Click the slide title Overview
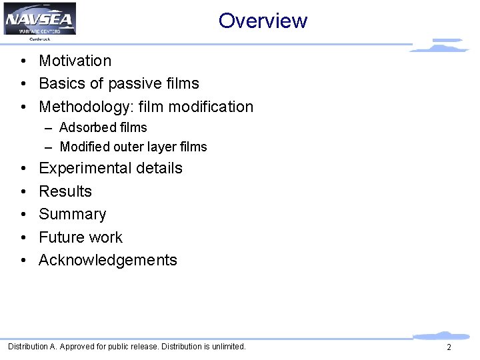263,21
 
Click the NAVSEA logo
40,19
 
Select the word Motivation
75,61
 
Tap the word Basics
61,83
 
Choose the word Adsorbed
87,127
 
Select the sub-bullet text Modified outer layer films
133,147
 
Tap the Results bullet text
65,191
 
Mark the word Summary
73,215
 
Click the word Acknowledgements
108,260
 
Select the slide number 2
449,347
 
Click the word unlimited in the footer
227,347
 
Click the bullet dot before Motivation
23,61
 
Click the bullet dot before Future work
23,238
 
